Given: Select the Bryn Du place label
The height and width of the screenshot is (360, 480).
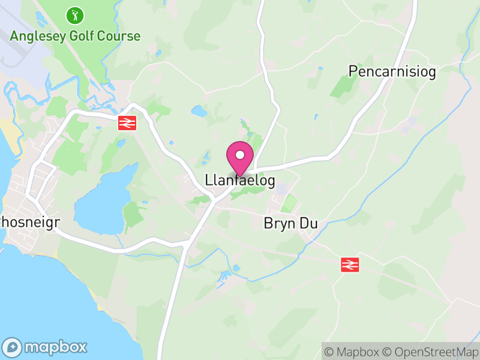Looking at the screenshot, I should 290,223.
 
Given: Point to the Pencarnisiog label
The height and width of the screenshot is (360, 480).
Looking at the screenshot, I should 392,71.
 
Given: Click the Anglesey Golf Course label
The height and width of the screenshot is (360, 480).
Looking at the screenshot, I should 75,36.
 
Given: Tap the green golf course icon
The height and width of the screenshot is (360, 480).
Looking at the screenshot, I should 75,14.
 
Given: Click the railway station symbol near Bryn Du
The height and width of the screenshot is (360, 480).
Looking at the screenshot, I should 350,264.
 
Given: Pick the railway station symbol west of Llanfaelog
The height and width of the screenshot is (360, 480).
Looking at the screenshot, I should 127,123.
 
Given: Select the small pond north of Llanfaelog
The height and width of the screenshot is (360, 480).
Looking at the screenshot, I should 199,111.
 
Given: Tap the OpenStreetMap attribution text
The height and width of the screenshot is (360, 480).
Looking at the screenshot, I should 430,352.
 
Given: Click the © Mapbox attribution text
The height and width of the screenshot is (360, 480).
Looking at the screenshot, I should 355,352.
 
